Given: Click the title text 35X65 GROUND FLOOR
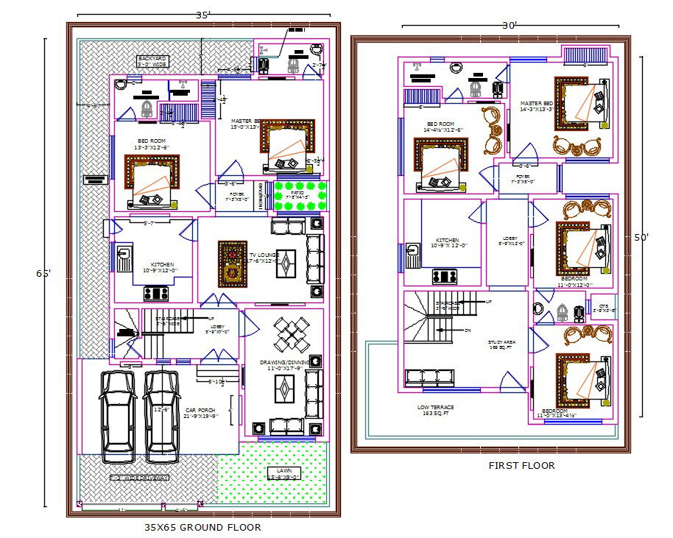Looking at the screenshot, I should tap(202, 527).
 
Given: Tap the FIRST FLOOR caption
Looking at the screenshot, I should tap(521, 465).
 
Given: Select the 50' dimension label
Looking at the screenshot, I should tap(641, 238).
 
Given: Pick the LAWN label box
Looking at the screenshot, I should tap(283, 473).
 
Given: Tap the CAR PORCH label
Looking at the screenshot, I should tap(200, 413).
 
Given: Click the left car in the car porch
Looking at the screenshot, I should tap(118, 416).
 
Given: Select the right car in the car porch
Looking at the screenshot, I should tap(161, 416).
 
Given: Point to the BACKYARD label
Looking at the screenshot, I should tap(152, 61).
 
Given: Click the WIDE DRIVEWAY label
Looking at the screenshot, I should tap(139, 478).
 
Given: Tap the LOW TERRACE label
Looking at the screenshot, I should tap(435, 410).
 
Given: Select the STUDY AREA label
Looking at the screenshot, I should tap(502, 344).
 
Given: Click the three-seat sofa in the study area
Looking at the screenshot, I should tap(440, 376).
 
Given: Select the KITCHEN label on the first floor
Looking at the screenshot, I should tap(447, 242).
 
